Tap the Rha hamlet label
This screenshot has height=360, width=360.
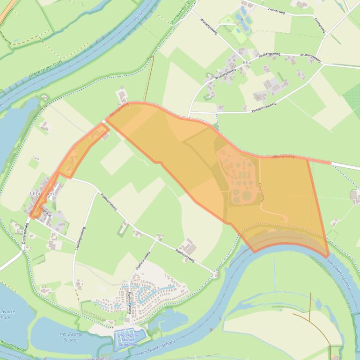tap(248, 62)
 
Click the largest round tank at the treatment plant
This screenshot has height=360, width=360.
tap(242, 195)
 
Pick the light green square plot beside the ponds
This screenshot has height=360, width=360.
tap(227, 20)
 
